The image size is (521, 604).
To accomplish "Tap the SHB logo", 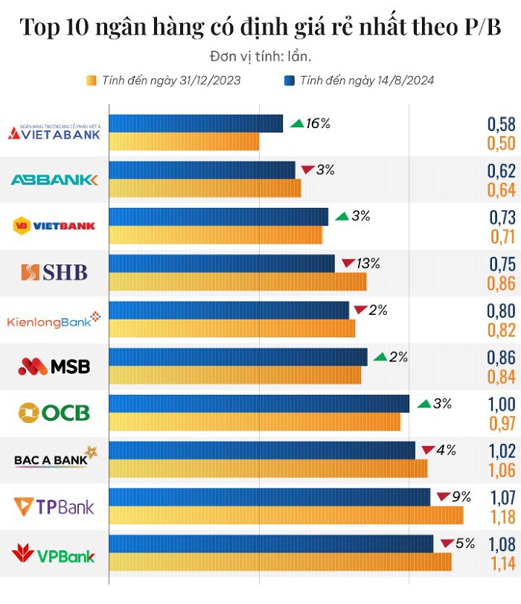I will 54,273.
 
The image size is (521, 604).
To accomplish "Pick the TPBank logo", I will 54,507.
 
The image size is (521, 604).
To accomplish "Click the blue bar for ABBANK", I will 202,171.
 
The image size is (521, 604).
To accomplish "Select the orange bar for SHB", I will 237,282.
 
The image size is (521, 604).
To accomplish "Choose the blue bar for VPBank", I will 271,544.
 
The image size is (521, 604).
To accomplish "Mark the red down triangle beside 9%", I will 443,497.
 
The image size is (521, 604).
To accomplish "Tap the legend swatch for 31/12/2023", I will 92,80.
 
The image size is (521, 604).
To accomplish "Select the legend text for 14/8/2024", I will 367,80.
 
